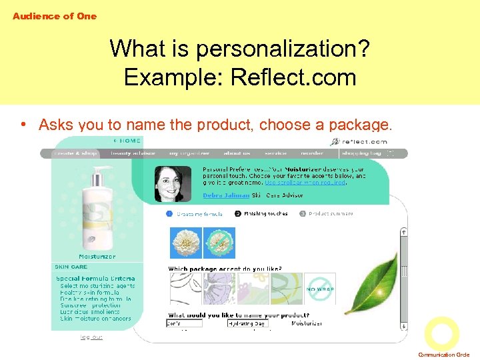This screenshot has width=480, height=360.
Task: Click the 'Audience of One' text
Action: pos(55,16)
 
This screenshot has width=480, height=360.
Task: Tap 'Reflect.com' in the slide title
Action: pos(293,77)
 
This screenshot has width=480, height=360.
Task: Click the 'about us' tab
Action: pos(237,153)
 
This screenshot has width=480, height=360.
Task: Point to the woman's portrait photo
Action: pos(173,183)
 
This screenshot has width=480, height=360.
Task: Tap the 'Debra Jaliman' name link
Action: pos(226,195)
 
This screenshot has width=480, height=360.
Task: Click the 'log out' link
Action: pos(91,337)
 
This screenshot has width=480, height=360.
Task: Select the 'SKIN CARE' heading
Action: pos(71,267)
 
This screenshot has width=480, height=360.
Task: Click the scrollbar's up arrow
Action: pos(403,232)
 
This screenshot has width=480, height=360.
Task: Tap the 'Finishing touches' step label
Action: pos(266,214)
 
